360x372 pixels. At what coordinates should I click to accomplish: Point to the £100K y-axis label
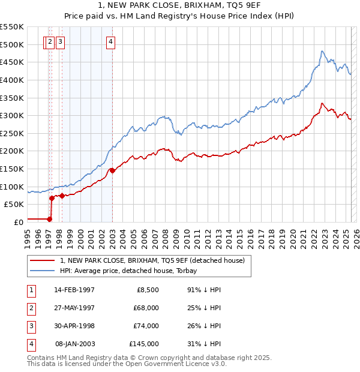click(x=12, y=187)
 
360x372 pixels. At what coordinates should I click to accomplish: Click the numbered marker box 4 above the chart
click(x=112, y=42)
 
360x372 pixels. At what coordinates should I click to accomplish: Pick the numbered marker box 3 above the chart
click(x=62, y=42)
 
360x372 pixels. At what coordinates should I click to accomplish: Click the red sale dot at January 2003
click(x=112, y=170)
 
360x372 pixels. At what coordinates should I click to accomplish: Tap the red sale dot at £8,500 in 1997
click(x=50, y=219)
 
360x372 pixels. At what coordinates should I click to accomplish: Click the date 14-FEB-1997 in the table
click(x=74, y=290)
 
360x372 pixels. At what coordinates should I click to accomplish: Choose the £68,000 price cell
click(x=146, y=308)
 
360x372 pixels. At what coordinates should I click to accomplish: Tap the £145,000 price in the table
click(x=144, y=344)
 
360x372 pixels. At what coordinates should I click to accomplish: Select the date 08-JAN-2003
click(x=74, y=344)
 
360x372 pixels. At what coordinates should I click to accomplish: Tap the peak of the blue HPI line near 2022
click(x=322, y=51)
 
